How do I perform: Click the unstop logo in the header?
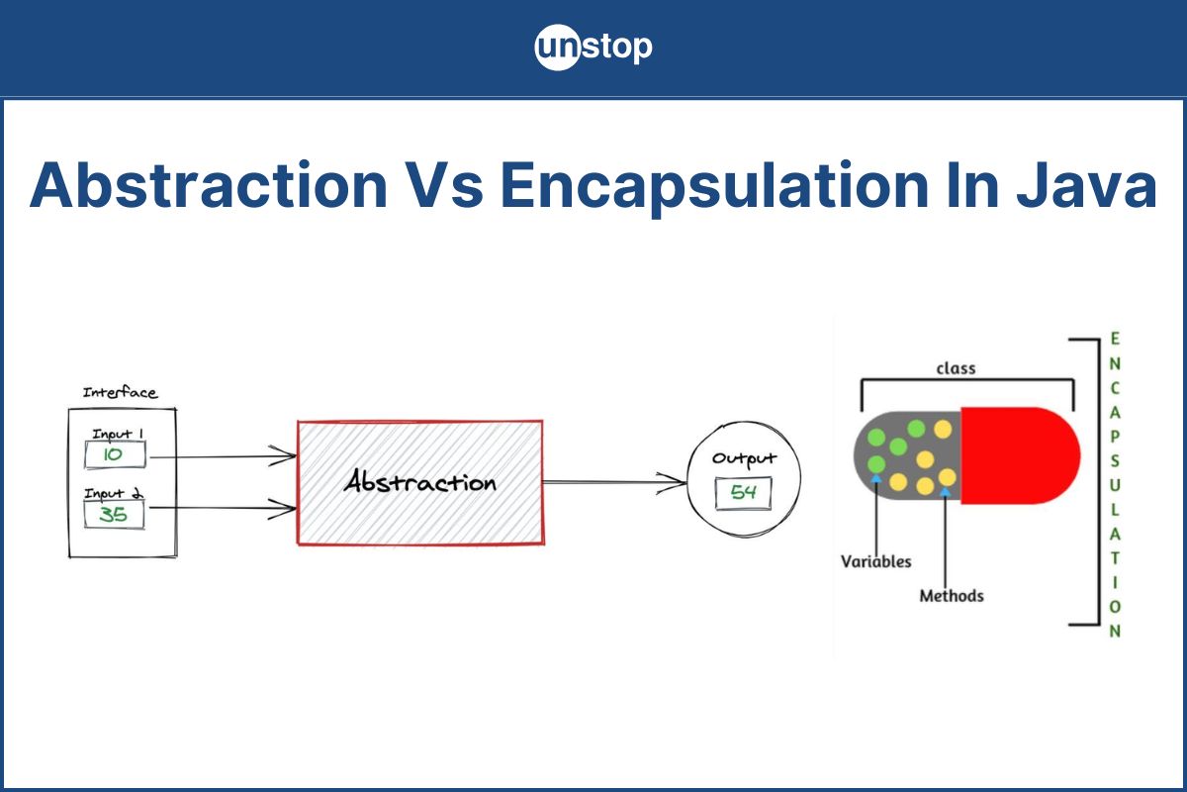coord(593,47)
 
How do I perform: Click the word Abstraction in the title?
coord(209,185)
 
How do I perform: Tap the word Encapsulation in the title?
coord(714,187)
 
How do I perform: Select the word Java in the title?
coord(1087,185)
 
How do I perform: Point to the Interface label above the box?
coord(120,392)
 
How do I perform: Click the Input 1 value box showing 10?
coord(115,454)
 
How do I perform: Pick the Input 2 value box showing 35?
coord(114,515)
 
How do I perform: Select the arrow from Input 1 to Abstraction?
coord(224,456)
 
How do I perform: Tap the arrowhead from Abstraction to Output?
coord(672,482)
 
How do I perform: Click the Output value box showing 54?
coord(744,493)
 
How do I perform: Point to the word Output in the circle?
coord(744,459)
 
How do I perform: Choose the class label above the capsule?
coord(956,368)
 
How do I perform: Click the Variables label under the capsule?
coord(876,561)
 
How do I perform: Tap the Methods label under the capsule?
coord(952,596)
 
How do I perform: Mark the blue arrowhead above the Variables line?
coord(876,478)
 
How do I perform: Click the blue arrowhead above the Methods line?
coord(945,492)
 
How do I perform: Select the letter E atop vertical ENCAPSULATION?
coord(1115,339)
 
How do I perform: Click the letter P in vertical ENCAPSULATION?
coord(1115,437)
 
